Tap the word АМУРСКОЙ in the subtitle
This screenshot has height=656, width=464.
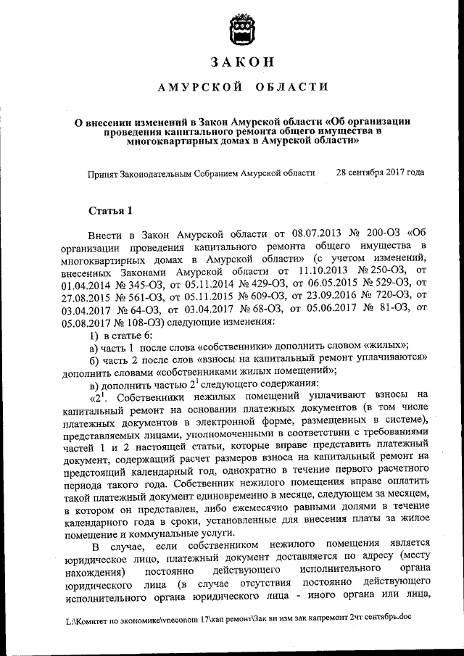click(190, 88)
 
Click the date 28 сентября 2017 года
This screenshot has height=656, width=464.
click(380, 173)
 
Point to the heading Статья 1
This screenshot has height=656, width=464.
click(110, 212)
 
